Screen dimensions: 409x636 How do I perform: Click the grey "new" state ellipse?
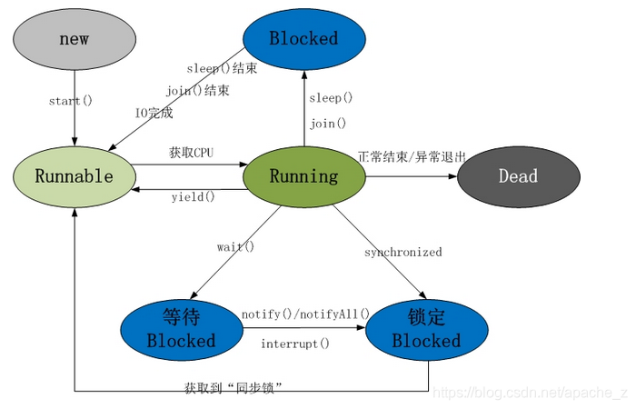[x=74, y=39]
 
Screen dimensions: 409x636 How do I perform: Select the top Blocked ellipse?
[x=303, y=39]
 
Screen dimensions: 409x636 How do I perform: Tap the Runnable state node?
[x=74, y=176]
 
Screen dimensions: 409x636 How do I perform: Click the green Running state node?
[x=303, y=176]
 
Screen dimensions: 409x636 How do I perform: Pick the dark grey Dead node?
[x=518, y=176]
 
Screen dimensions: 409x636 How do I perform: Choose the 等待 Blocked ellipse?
[x=181, y=329]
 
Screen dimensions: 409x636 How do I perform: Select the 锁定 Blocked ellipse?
[x=426, y=329]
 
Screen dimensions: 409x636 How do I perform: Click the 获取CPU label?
[x=191, y=153]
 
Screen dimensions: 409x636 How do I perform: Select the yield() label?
[x=194, y=196]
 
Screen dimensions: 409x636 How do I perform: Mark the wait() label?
[x=235, y=246]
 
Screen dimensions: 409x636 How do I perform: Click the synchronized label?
[x=402, y=252]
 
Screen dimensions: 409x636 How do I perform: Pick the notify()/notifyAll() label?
[x=305, y=314]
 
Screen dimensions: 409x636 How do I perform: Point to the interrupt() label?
[x=295, y=344]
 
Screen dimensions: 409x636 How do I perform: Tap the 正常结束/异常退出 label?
[x=412, y=156]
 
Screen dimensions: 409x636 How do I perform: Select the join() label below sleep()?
[x=327, y=124]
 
